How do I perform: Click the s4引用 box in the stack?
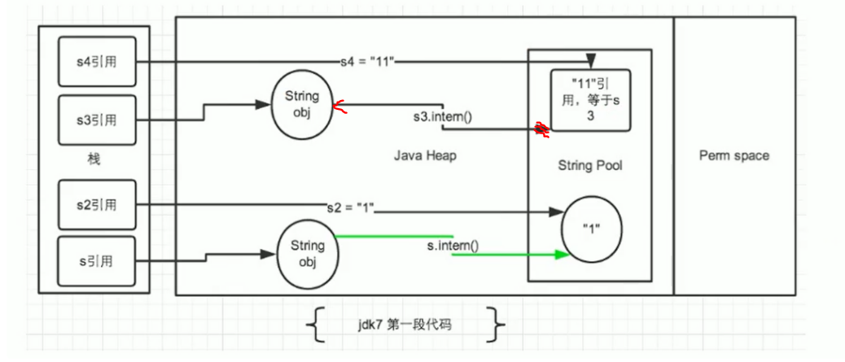coord(97,61)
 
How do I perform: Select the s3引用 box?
coord(97,120)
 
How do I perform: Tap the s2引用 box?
coord(97,205)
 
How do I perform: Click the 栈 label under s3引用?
coord(95,160)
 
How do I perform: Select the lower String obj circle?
coord(309,254)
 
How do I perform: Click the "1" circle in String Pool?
coord(592,228)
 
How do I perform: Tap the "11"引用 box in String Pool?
coord(591,100)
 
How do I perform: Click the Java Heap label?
coord(425,156)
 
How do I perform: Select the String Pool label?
coord(590,165)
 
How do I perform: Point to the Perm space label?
coord(734,155)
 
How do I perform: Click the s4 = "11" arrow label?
coord(368,61)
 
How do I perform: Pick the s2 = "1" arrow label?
coord(351,207)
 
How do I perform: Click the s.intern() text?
coord(453,246)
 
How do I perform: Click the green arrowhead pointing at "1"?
coord(563,255)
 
